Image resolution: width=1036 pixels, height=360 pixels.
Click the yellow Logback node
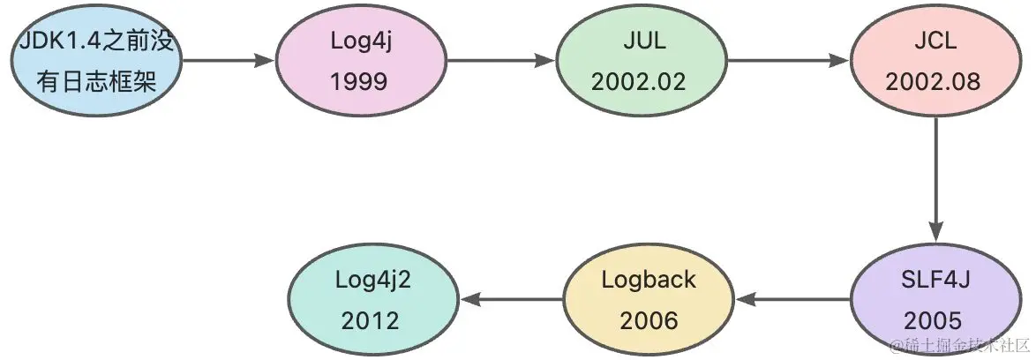[x=649, y=300]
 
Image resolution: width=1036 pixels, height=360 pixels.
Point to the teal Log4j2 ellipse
[x=374, y=300]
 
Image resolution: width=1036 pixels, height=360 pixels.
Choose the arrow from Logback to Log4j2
[x=512, y=300]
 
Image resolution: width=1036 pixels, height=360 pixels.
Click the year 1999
[x=359, y=81]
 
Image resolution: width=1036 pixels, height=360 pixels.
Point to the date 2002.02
[x=638, y=81]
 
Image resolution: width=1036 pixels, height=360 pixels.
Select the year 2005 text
[x=932, y=319]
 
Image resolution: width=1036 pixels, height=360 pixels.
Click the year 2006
[x=649, y=319]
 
